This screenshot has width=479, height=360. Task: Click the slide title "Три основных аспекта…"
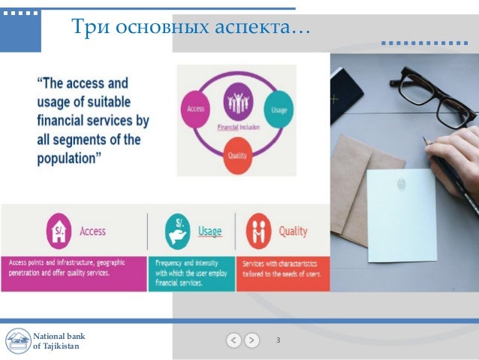(190, 28)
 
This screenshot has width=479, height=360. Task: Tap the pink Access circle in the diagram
(194, 109)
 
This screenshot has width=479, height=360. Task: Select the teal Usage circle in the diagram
(279, 109)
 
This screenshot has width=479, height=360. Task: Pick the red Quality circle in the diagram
(236, 156)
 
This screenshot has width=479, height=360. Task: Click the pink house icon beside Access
(59, 231)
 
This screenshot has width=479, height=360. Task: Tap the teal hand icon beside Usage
(178, 231)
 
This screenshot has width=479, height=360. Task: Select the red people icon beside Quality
(259, 231)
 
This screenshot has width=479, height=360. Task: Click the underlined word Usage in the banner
(209, 231)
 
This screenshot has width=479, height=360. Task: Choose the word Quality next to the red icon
(293, 231)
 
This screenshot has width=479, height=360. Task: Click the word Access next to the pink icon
(93, 231)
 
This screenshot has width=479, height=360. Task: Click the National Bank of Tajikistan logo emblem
(17, 340)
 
